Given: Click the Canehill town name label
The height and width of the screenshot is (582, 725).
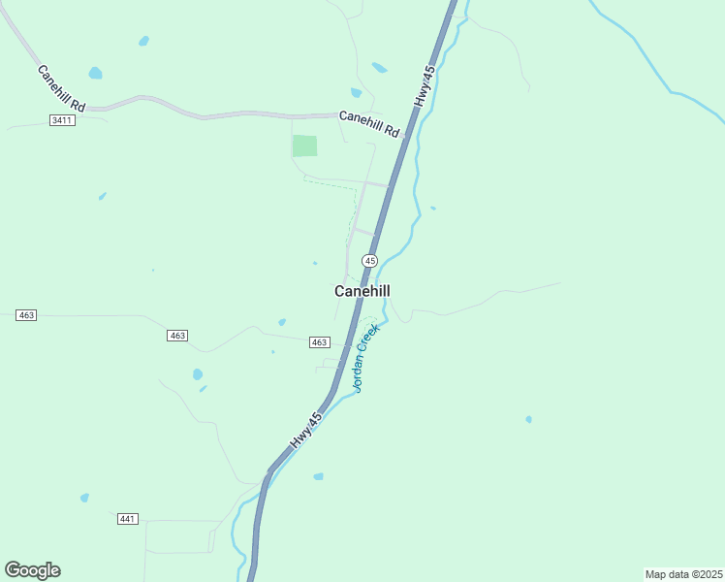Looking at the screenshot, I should click(362, 291).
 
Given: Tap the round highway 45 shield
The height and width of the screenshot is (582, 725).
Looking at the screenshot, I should click(369, 261).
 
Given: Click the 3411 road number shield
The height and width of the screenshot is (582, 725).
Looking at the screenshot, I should click(61, 118).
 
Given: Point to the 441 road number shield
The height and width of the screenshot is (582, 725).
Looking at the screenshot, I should click(127, 519).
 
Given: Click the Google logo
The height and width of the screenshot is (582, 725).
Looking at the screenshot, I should click(32, 570).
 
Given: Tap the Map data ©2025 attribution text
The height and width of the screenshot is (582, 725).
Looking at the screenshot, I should click(683, 574).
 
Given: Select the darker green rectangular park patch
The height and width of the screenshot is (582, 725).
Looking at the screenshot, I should click(305, 145).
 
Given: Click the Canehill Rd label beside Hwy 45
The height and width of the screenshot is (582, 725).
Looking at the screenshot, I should click(369, 123).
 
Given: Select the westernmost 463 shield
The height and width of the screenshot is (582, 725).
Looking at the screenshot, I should click(26, 315).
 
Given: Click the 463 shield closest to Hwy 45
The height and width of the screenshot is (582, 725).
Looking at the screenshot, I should click(320, 342).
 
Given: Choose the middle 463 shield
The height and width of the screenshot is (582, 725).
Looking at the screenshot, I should click(176, 335).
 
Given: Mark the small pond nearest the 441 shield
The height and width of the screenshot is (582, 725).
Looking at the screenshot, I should click(84, 498).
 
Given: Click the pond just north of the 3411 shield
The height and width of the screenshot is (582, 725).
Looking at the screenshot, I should click(95, 73).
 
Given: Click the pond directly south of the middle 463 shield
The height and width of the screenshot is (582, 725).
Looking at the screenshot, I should click(198, 374).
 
